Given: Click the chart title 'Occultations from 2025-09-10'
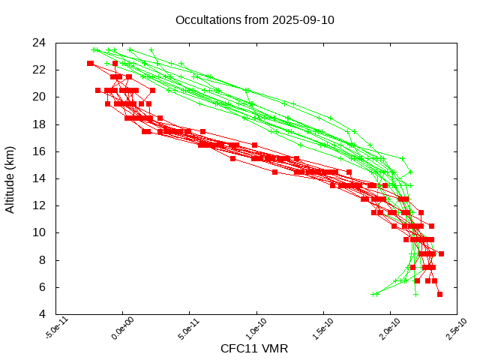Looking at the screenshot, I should pos(254,20).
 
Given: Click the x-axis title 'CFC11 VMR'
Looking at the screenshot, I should pos(254,349).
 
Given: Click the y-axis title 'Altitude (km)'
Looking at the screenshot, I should pos(10,178).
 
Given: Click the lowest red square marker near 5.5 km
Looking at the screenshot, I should pos(439,294).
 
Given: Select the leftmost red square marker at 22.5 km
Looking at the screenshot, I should pos(90,63).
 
